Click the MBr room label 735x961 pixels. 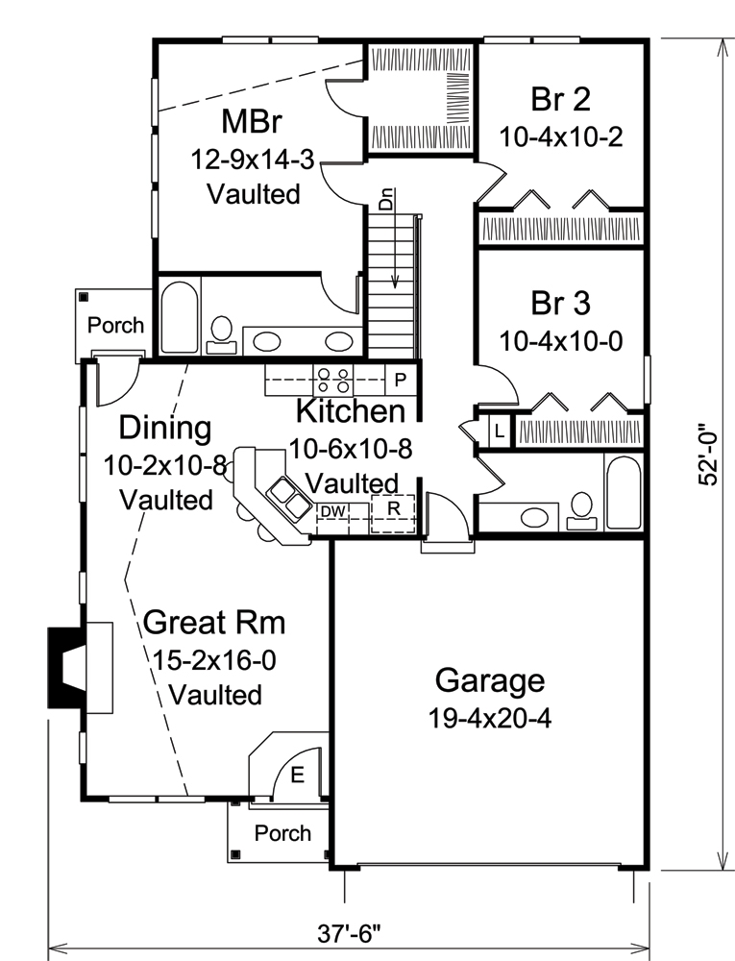tap(254, 122)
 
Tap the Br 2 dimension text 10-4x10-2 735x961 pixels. tap(561, 136)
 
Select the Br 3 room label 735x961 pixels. tap(561, 303)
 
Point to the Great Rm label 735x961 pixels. tap(214, 623)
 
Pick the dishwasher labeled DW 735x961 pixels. tap(332, 510)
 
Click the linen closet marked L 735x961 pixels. tap(499, 431)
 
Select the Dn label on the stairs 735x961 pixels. tap(386, 202)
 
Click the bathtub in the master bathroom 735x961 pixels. tap(179, 318)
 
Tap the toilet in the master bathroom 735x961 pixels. tap(221, 330)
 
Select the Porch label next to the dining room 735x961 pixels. tap(115, 325)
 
